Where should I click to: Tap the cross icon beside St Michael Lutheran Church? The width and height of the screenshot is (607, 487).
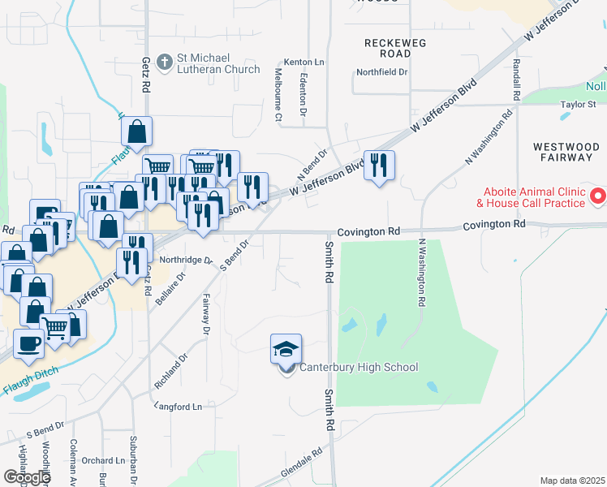click(164, 60)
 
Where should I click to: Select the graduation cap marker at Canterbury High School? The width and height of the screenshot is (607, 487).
click(286, 349)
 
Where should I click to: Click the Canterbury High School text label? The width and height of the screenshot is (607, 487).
click(359, 368)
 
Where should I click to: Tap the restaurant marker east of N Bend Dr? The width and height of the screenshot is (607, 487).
click(379, 166)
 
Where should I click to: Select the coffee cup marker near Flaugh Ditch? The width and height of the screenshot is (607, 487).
click(29, 343)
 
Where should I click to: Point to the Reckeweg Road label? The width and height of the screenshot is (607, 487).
click(398, 48)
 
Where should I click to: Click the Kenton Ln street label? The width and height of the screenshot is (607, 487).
click(303, 62)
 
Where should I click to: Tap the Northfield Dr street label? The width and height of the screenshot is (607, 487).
click(381, 71)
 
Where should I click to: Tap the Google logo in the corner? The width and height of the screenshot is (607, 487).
click(27, 477)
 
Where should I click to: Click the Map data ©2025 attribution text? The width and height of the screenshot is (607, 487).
click(572, 481)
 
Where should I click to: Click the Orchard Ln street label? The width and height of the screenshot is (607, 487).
click(109, 461)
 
